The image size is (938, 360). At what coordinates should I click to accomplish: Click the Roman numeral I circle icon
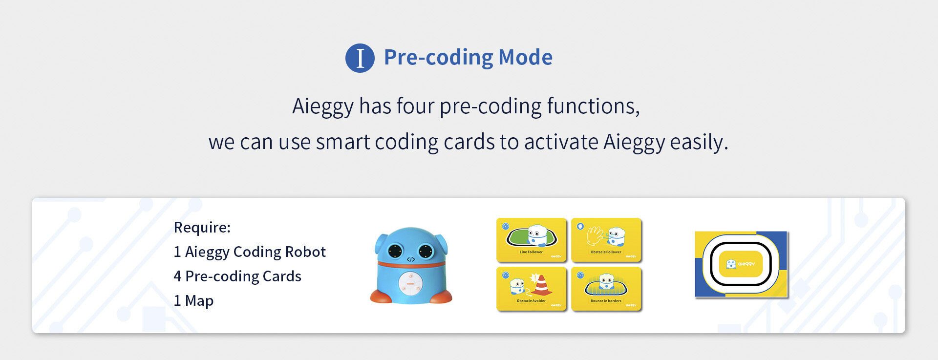[x=360, y=58]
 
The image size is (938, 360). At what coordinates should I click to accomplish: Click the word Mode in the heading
[x=525, y=57]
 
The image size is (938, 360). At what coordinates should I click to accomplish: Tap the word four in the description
[x=415, y=106]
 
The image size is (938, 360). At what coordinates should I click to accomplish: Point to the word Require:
[x=202, y=227]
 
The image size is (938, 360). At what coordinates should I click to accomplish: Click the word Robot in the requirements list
[x=305, y=252]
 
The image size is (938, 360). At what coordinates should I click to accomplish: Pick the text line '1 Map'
[x=193, y=300]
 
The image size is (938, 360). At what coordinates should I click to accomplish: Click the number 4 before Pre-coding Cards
[x=177, y=276]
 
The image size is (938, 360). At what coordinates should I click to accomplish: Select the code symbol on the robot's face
[x=411, y=259]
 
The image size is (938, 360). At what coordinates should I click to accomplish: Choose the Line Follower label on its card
[x=531, y=252]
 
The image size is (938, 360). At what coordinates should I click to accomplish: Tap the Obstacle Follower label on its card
[x=606, y=252]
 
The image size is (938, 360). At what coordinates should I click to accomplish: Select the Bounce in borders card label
[x=606, y=301]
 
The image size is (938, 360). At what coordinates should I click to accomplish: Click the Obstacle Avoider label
[x=531, y=301]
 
